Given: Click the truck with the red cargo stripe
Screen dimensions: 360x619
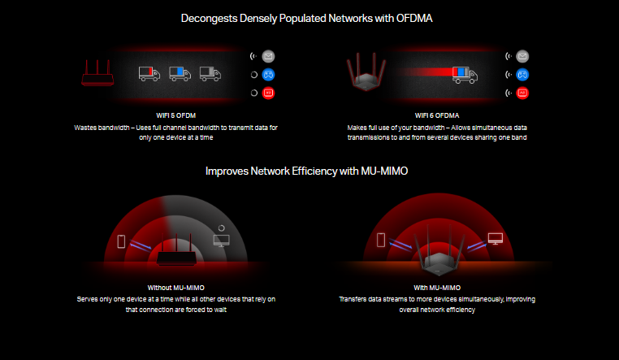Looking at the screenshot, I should tap(149, 75).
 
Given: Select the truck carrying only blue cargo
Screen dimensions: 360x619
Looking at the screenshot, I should tap(180, 75).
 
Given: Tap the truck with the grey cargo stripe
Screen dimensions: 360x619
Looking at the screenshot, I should tap(210, 75).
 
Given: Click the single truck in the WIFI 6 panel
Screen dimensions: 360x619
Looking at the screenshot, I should tap(465, 76).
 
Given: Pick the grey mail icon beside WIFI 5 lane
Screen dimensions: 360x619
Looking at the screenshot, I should tap(269, 56).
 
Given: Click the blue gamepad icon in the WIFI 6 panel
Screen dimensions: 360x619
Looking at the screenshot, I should tap(522, 75).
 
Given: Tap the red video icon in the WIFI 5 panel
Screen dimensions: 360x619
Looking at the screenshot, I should tap(269, 93).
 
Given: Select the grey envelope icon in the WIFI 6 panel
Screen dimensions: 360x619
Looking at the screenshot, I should tap(522, 56).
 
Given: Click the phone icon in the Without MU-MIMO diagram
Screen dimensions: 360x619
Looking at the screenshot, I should tap(122, 241).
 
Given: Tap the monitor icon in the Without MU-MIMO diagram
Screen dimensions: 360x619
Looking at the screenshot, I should tap(220, 241).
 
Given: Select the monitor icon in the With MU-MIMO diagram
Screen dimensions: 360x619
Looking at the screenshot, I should tap(495, 239).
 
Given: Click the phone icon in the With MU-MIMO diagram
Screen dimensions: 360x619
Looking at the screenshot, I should tap(381, 240).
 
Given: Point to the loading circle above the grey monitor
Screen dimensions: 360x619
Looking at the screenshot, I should tap(220, 228).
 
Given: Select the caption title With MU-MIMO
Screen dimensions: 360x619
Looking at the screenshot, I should tap(437, 288).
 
